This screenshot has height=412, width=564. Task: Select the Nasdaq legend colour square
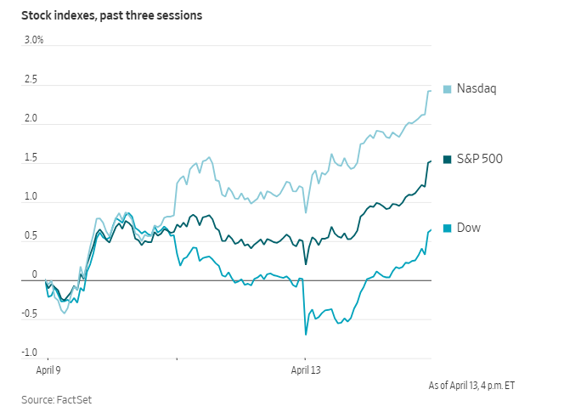point(447,88)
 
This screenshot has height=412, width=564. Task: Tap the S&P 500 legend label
point(480,158)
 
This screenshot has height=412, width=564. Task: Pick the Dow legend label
point(469,228)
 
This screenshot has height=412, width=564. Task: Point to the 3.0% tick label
point(33,40)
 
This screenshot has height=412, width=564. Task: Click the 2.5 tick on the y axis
point(31,79)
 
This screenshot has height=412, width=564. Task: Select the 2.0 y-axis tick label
point(31,118)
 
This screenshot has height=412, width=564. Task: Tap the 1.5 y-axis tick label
point(31,158)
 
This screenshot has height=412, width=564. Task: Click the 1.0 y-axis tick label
point(31,197)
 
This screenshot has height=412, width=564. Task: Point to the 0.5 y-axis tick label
point(31,236)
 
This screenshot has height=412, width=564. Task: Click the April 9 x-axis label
point(48,370)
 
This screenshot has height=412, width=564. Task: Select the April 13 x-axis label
point(306,370)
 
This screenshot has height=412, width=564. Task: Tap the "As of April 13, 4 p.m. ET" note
point(471,385)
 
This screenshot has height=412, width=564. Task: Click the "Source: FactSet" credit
point(51,398)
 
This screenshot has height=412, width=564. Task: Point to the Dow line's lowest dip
point(306,335)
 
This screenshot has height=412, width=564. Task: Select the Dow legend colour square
point(447,228)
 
